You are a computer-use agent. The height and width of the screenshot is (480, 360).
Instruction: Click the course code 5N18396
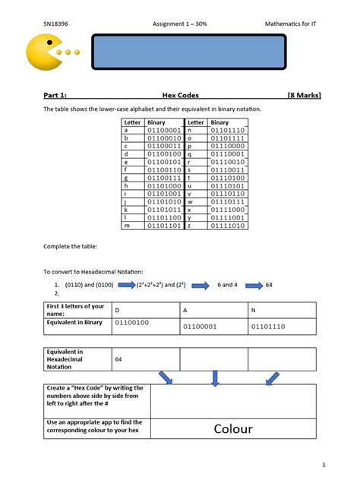(55, 24)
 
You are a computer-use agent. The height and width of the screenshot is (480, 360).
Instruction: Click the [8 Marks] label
(304, 95)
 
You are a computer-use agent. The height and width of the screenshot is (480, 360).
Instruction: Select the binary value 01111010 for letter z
(228, 226)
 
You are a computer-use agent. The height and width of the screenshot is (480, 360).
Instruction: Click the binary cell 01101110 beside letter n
(228, 131)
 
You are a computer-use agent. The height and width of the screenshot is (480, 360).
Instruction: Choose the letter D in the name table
(117, 310)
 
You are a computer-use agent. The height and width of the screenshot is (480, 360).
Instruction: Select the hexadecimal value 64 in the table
(118, 358)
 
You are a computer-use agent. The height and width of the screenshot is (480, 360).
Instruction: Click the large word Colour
(232, 429)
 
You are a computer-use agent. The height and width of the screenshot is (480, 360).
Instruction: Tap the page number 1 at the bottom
(324, 464)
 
